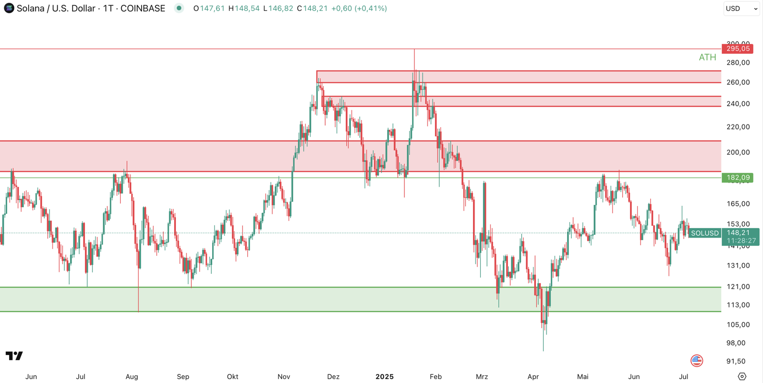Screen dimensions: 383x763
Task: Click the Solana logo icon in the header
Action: pos(9,8)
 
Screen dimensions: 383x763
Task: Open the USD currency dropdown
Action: pos(741,9)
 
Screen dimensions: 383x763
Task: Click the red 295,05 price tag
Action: pos(737,49)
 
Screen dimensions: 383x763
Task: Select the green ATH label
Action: pos(707,57)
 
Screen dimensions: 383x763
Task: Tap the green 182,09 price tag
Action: pos(737,178)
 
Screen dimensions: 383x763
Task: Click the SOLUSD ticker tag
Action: pos(704,233)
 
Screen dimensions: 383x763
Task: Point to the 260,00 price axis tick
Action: pos(738,82)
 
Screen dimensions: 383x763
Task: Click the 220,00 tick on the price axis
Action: pos(738,127)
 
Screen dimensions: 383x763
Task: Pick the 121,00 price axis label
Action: pos(738,287)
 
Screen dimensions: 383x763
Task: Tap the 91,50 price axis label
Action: pos(735,362)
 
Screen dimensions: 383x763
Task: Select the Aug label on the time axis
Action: pos(132,377)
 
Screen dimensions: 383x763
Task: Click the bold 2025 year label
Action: pos(384,377)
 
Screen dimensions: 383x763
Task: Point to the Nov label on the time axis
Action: pos(284,377)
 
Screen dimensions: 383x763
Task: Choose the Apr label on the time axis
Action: pos(533,377)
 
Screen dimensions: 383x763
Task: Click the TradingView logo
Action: pos(14,356)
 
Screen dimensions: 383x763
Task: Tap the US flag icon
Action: pos(697,361)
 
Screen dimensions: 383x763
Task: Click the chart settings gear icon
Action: pos(742,376)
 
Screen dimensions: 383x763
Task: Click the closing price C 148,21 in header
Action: pos(312,9)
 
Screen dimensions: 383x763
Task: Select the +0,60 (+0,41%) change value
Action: pos(359,9)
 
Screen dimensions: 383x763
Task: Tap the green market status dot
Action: pos(179,8)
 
